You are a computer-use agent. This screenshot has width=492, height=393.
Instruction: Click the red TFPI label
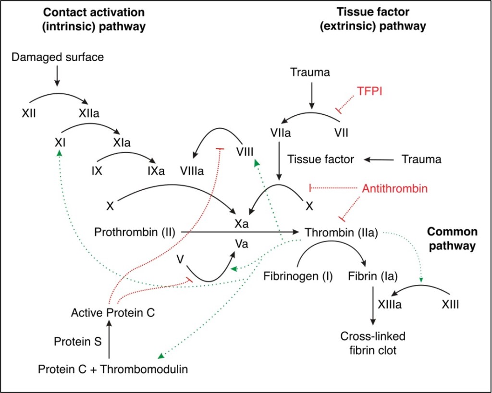pos(369,91)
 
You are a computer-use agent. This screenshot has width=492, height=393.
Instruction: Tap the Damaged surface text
pos(57,58)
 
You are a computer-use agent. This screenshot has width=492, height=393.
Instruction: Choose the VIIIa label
pos(192,171)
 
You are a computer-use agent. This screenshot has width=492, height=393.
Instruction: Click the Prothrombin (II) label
pos(134,233)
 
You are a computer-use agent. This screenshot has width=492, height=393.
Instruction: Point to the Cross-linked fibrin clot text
pos(373,343)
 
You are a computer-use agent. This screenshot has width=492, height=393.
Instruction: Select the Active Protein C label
pos(113,313)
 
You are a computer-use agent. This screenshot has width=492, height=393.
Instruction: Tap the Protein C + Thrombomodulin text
pos(113,369)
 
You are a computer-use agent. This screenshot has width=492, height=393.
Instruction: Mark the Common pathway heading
pos(452,239)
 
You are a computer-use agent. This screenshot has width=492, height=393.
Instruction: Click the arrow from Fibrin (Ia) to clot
pos(373,305)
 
